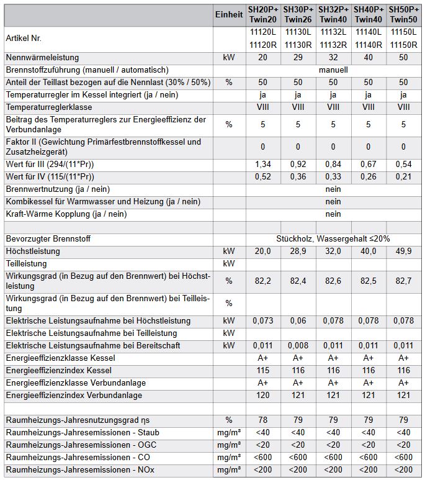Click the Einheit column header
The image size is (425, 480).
click(229, 15)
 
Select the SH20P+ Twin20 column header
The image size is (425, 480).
click(263, 15)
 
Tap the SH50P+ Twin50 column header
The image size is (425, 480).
click(403, 15)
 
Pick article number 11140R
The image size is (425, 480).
click(369, 45)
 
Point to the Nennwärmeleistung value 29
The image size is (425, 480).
click(298, 58)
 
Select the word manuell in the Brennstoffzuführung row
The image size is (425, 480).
click(333, 70)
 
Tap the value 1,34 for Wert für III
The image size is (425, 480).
click(263, 165)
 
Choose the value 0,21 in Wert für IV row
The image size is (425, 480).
click(403, 177)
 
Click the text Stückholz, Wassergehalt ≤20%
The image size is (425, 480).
click(333, 239)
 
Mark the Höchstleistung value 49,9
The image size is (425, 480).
click(403, 251)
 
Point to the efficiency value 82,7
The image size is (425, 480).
click(403, 281)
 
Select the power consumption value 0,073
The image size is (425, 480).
click(263, 321)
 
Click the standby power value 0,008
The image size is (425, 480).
click(298, 346)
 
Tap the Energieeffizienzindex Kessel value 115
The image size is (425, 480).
click(263, 371)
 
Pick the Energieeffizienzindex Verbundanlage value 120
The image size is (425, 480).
click(263, 396)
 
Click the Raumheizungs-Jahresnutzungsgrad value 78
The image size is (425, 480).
click(263, 420)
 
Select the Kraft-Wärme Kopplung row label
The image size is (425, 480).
click(66, 214)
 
